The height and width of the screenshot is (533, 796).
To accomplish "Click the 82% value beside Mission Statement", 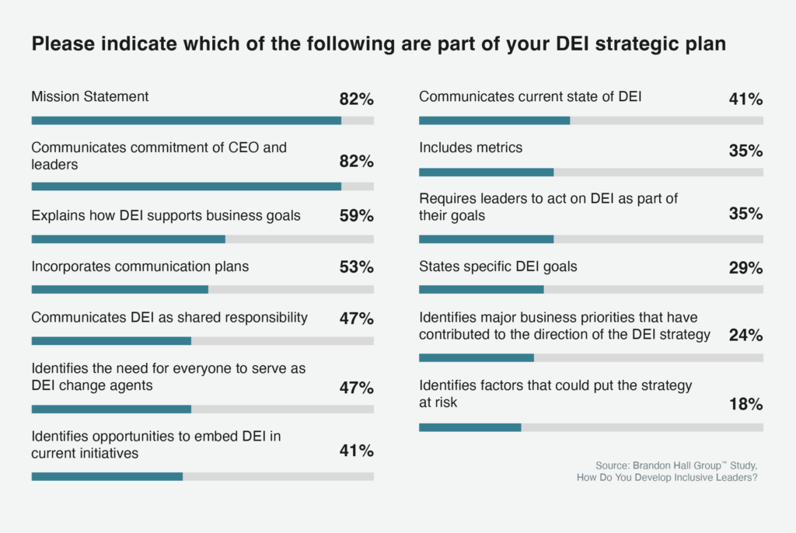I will tap(356, 99).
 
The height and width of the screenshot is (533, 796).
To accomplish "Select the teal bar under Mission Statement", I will tap(186, 120).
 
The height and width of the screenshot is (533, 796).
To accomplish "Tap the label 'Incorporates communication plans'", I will tap(140, 266).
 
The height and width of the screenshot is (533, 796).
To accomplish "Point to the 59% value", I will tap(356, 216).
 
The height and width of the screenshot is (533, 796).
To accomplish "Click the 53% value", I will tap(356, 267).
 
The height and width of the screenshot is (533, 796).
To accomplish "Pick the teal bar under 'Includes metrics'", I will tap(486, 172).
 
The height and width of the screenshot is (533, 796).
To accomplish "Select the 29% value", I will tap(745, 267).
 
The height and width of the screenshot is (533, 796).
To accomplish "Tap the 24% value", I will tap(745, 335).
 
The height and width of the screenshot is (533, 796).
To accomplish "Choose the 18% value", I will tap(745, 404).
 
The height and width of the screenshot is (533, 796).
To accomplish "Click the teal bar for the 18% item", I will tap(470, 427).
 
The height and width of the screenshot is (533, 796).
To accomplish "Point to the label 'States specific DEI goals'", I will tap(497, 266).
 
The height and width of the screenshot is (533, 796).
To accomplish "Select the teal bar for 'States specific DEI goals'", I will tap(481, 290).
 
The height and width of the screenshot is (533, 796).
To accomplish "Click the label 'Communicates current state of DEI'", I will tap(530, 97).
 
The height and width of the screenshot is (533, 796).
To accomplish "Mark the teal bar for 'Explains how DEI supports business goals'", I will tap(128, 239).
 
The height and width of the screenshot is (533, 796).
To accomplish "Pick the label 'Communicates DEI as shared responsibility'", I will tap(169, 317).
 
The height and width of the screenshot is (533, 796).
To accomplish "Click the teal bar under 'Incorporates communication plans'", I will tap(120, 290).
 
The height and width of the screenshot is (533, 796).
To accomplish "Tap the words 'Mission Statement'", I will tap(90, 97).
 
